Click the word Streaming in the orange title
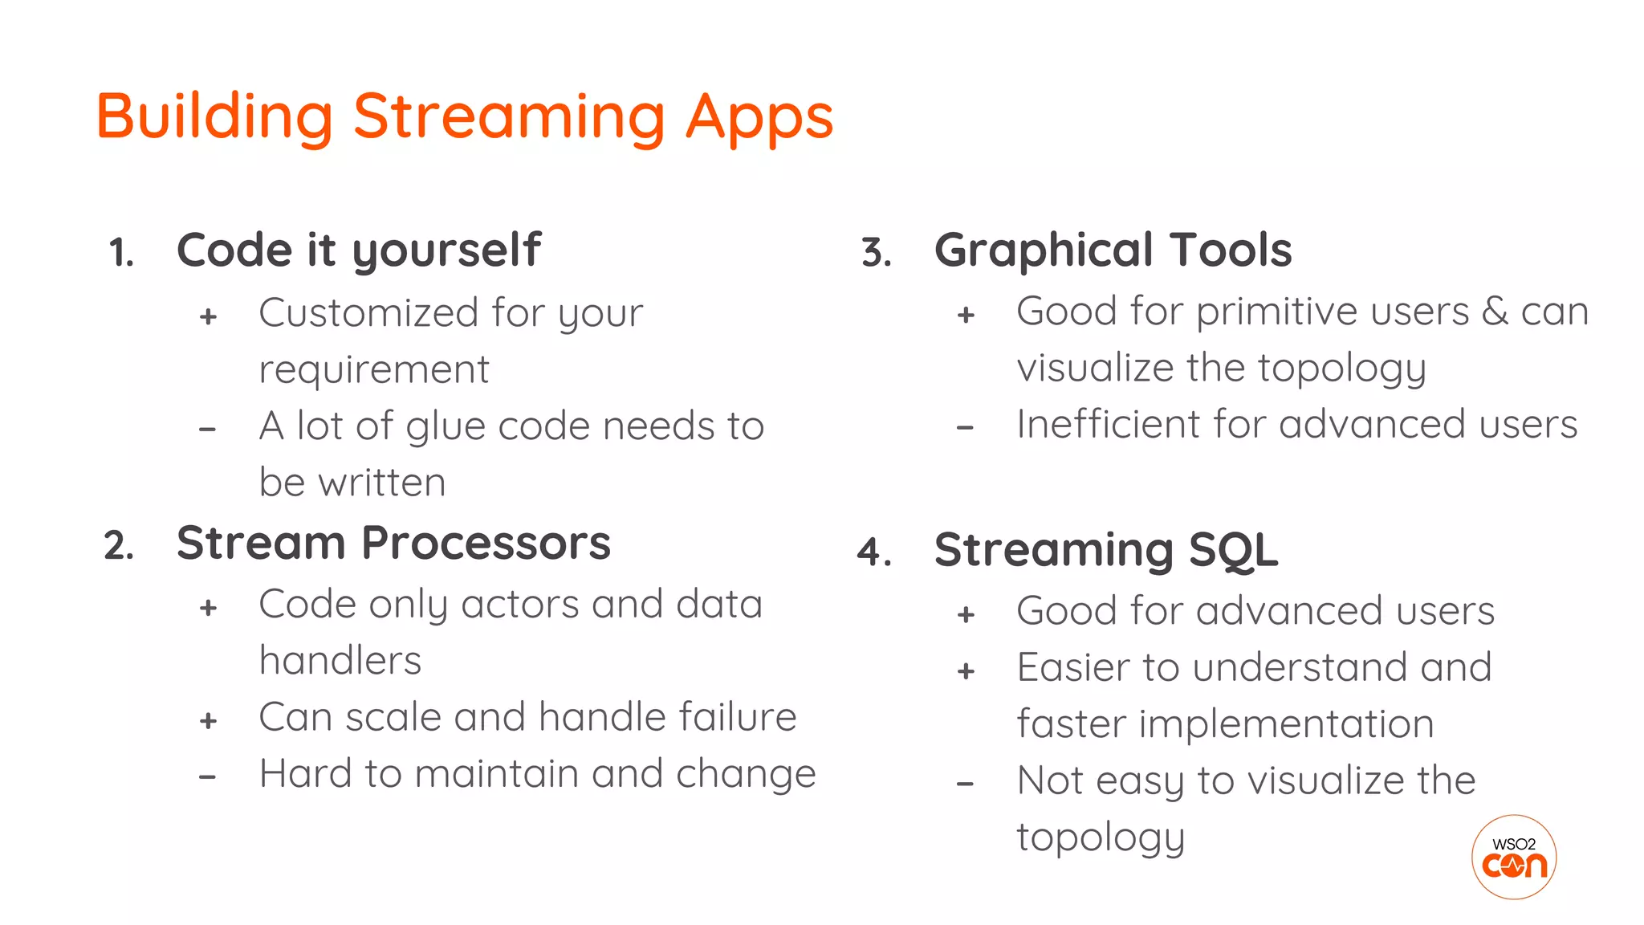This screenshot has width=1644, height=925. pyautogui.click(x=509, y=118)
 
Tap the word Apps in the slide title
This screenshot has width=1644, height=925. pyautogui.click(x=759, y=118)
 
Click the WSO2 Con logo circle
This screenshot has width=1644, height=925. pyautogui.click(x=1513, y=858)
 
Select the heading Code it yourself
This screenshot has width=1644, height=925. pyautogui.click(x=359, y=251)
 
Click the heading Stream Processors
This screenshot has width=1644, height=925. pyautogui.click(x=393, y=544)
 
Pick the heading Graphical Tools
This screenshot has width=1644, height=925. pyautogui.click(x=1113, y=251)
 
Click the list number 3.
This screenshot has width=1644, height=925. pyautogui.click(x=876, y=253)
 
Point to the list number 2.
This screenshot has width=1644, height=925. pyautogui.click(x=118, y=547)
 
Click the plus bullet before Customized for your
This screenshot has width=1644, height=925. pyautogui.click(x=209, y=316)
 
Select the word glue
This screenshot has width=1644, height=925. pyautogui.click(x=446, y=427)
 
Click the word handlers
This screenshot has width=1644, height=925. pyautogui.click(x=340, y=661)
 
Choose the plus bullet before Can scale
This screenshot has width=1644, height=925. pyautogui.click(x=209, y=721)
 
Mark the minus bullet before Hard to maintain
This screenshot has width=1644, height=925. pyautogui.click(x=208, y=777)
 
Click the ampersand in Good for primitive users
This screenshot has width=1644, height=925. pyautogui.click(x=1494, y=312)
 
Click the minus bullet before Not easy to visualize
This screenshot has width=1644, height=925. pyautogui.click(x=966, y=784)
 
